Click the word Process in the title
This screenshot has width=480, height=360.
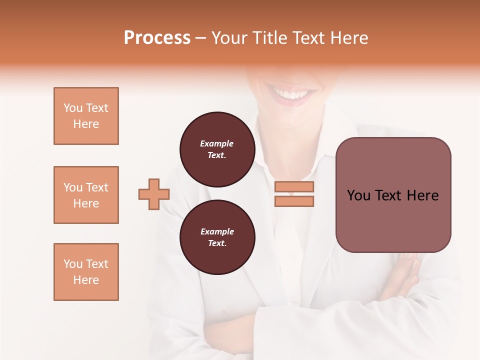(157, 38)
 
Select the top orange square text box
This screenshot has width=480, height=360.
(86, 116)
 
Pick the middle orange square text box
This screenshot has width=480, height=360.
(86, 195)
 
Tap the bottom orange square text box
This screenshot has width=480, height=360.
(86, 272)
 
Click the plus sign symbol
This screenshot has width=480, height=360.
(154, 194)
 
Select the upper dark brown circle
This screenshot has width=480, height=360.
(217, 149)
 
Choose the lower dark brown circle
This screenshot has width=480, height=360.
(217, 237)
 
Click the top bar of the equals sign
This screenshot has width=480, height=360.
(294, 187)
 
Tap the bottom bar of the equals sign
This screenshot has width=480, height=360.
(294, 201)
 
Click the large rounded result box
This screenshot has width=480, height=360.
(393, 195)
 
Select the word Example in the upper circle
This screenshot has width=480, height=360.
(217, 143)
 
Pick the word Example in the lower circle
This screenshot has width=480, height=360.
(217, 231)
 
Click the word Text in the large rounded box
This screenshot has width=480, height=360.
(389, 195)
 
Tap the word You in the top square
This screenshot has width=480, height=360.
(72, 108)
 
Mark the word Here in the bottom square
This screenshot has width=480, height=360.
(86, 280)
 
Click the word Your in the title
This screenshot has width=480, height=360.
(230, 38)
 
